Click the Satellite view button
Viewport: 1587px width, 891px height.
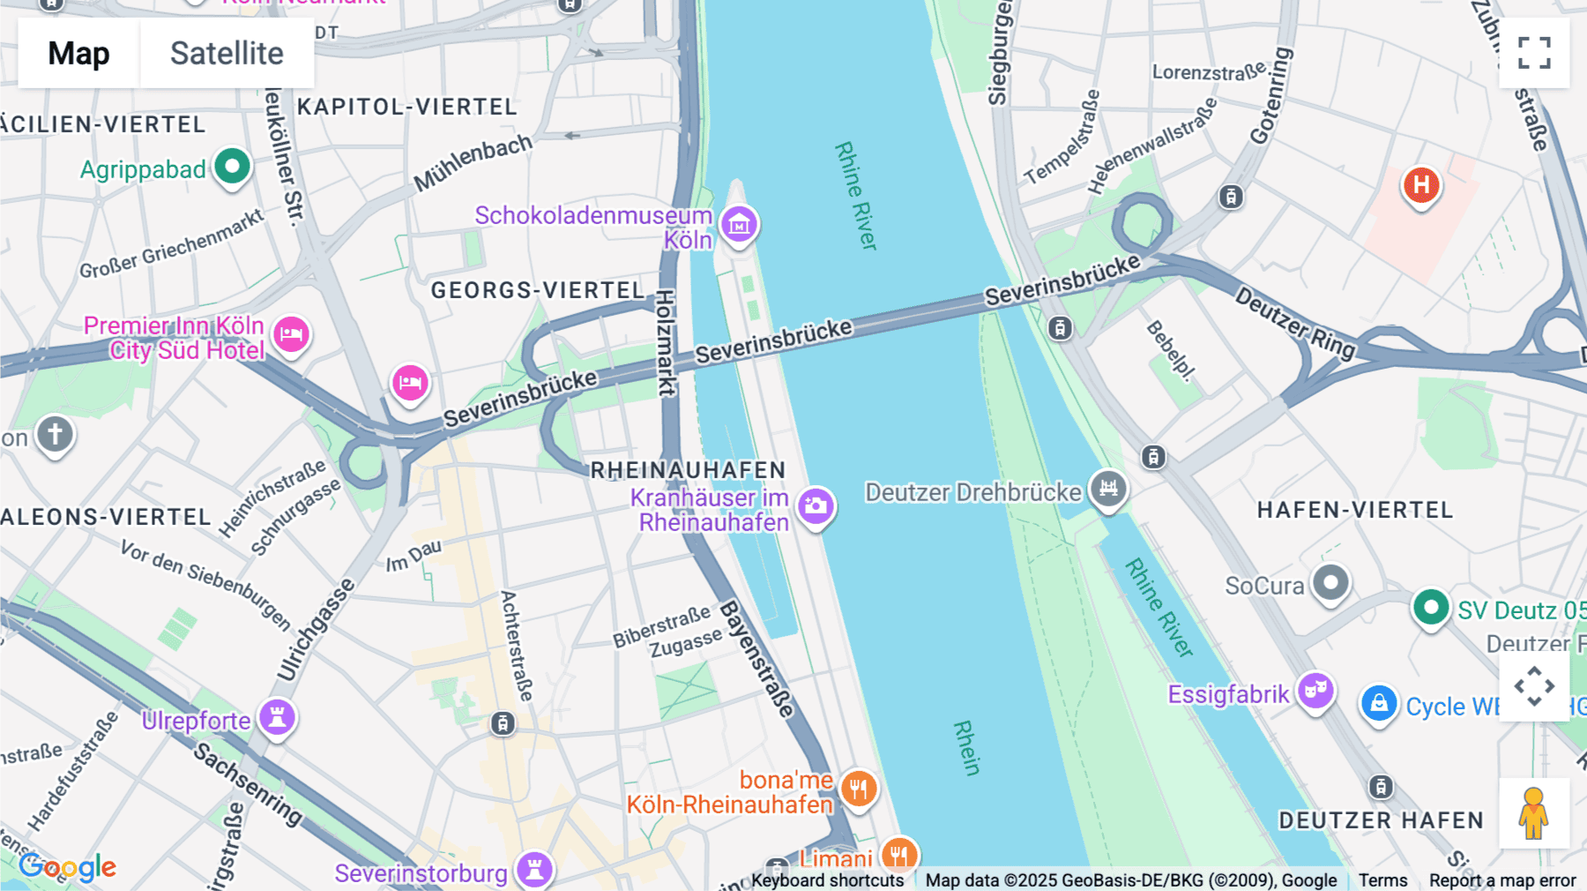click(x=227, y=53)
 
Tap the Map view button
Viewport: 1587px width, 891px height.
click(x=78, y=53)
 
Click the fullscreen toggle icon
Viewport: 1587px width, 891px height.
click(x=1534, y=53)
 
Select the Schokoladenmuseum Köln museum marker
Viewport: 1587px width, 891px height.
click(x=739, y=224)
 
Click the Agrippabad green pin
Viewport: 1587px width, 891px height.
click(x=233, y=166)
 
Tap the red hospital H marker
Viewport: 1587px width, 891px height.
click(x=1420, y=185)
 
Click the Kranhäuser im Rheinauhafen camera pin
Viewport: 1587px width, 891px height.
click(x=816, y=506)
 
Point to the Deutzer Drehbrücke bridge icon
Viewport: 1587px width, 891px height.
click(x=1108, y=488)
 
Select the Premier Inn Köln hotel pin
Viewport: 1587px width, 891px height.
click(x=291, y=334)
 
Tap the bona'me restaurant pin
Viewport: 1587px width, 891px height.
click(x=858, y=788)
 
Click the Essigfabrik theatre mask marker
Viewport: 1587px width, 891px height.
click(x=1315, y=690)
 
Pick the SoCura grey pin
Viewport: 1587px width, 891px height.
click(x=1330, y=582)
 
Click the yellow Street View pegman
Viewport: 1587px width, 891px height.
click(x=1533, y=812)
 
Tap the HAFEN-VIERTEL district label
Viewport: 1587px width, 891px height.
click(x=1354, y=510)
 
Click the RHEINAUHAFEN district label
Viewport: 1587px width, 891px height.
click(x=688, y=470)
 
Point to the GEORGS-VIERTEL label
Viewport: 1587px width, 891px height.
click(x=537, y=290)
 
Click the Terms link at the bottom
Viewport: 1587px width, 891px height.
click(x=1382, y=880)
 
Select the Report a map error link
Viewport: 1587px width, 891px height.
click(x=1501, y=880)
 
